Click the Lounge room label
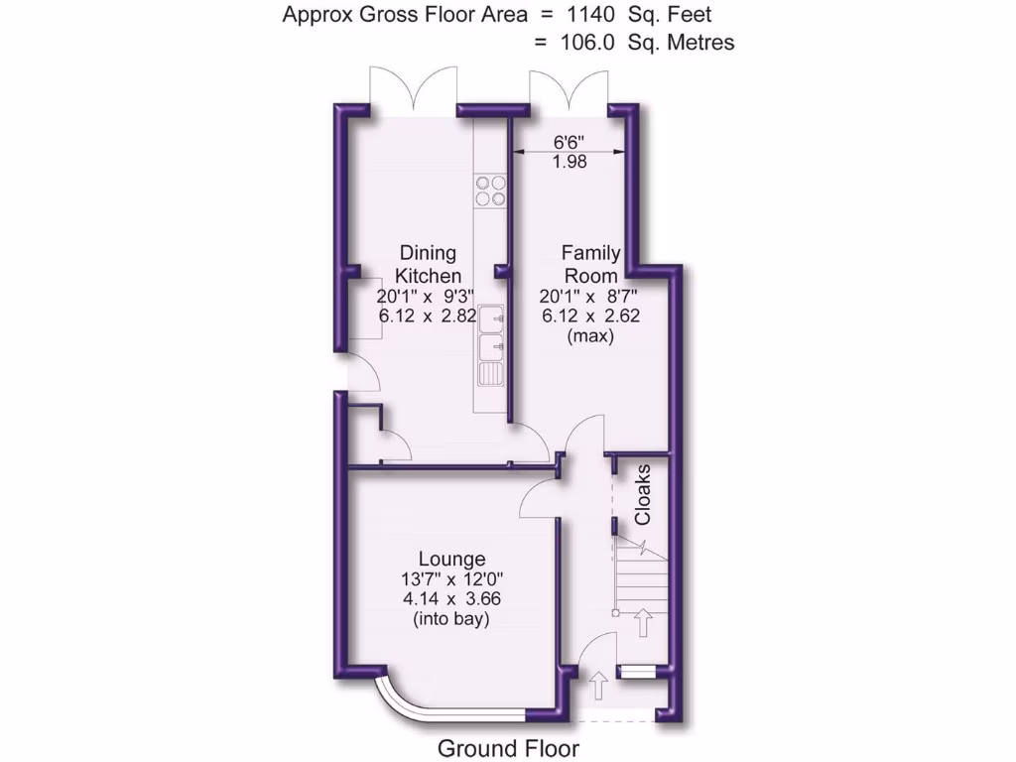(x=451, y=559)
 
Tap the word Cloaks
(x=643, y=493)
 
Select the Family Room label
(x=590, y=264)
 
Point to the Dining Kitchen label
(x=429, y=264)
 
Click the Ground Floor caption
(x=508, y=748)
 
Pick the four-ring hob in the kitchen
(x=490, y=190)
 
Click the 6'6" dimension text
(x=570, y=141)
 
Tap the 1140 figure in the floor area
(x=596, y=15)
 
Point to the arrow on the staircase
(x=643, y=623)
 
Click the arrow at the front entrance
(x=599, y=685)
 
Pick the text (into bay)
(x=451, y=619)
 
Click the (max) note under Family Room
(x=590, y=336)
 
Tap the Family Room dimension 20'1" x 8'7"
(x=590, y=296)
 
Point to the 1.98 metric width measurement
(x=570, y=162)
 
